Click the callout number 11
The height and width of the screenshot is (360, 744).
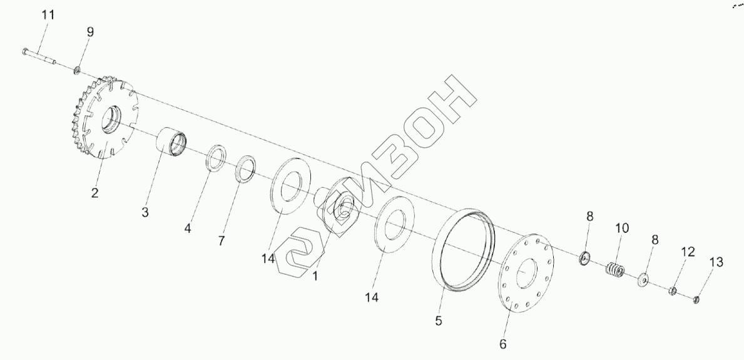(48, 15)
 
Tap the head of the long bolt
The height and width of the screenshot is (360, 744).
(24, 50)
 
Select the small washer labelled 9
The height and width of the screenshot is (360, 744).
(76, 71)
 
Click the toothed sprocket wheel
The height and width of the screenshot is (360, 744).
(104, 117)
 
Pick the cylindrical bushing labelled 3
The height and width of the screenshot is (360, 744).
(172, 141)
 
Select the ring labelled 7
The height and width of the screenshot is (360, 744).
(246, 168)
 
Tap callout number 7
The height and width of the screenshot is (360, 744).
(222, 240)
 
